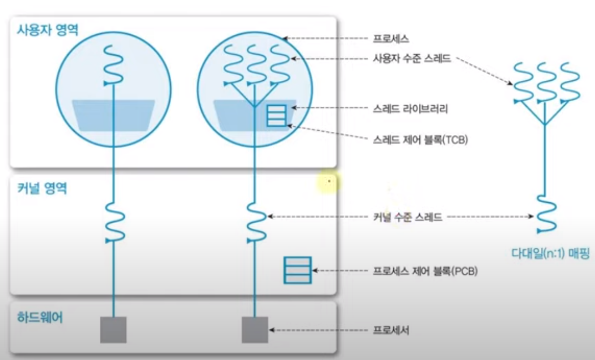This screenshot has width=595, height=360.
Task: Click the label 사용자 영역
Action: coord(48,31)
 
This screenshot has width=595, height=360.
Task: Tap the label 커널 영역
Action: coord(42,189)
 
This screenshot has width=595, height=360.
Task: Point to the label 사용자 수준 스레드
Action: coord(412,59)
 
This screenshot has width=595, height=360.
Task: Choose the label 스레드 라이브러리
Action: coord(410,109)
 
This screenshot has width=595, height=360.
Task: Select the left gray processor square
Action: coord(114,329)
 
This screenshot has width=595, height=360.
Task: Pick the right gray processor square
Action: coord(255,329)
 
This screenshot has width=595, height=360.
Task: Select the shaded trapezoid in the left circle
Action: coord(114,115)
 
